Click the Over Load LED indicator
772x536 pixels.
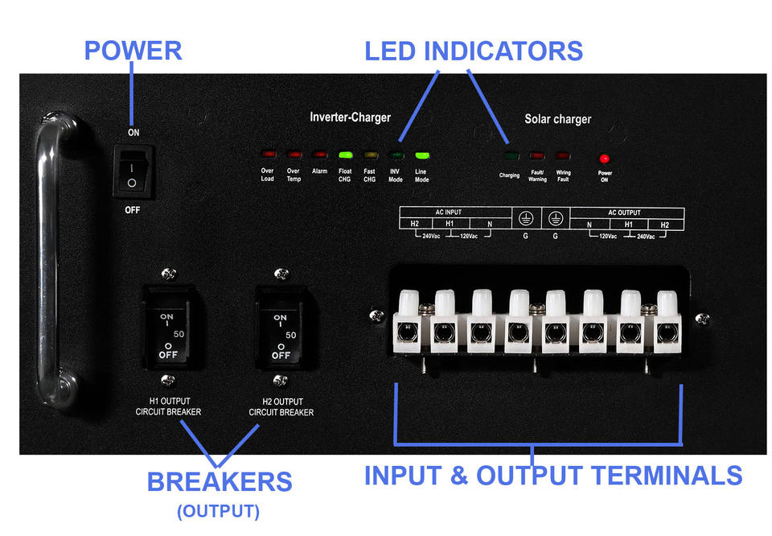[x=268, y=154]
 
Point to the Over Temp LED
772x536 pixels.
[x=294, y=154]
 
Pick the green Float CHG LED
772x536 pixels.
[x=345, y=154]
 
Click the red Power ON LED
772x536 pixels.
[x=605, y=159]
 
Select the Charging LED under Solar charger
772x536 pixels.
[x=509, y=155]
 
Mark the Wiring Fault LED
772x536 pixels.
[x=563, y=155]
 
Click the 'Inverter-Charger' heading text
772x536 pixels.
[x=350, y=118]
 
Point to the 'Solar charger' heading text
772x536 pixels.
[x=557, y=119]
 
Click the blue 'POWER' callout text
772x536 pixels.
[x=133, y=51]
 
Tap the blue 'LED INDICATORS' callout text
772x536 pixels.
[x=473, y=51]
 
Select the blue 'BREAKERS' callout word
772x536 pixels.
[x=219, y=481]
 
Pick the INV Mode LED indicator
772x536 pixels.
[x=396, y=154]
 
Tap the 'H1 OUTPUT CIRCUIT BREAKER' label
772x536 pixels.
[x=168, y=406]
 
